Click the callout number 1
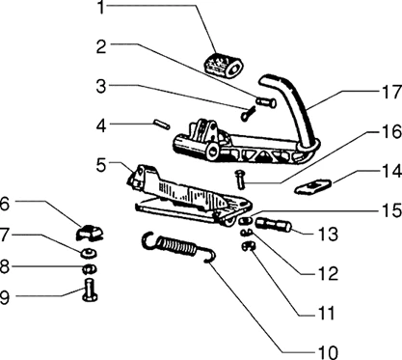pos(101,7)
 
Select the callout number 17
pos(391,92)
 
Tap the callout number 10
pos(328,352)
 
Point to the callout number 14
pos(391,171)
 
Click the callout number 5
pos(101,165)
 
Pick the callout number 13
pos(328,234)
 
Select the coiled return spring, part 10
pos(178,246)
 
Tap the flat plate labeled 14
pos(313,187)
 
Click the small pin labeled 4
pos(162,125)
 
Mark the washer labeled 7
pos(88,254)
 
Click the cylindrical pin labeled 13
pos(273,225)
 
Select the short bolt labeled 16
pos(240,180)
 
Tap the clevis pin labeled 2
pos(266,102)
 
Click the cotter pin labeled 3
pos(248,114)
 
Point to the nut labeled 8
pos(89,268)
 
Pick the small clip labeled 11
pos(248,246)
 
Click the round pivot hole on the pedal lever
pos(212,151)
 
